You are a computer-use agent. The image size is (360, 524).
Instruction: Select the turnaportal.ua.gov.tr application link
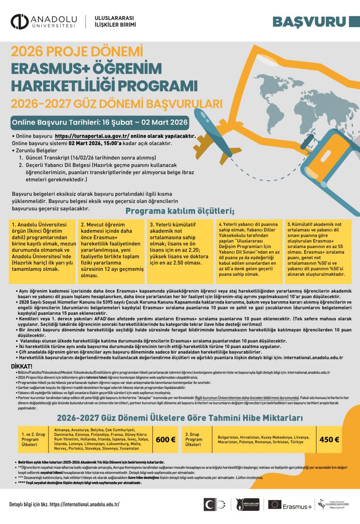(x=92, y=136)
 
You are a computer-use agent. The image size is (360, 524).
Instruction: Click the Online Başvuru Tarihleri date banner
(x=100, y=122)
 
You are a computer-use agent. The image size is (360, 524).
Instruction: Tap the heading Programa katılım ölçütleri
(x=180, y=212)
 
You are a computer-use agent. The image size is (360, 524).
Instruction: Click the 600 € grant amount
(x=165, y=439)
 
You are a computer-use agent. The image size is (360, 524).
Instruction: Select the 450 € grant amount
(x=329, y=439)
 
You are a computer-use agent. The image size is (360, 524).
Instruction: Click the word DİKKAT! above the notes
(x=22, y=366)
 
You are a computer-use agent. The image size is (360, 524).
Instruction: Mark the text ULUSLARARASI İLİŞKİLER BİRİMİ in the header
(x=114, y=21)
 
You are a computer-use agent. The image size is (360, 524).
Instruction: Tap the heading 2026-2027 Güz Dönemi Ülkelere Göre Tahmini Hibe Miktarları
(x=180, y=418)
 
